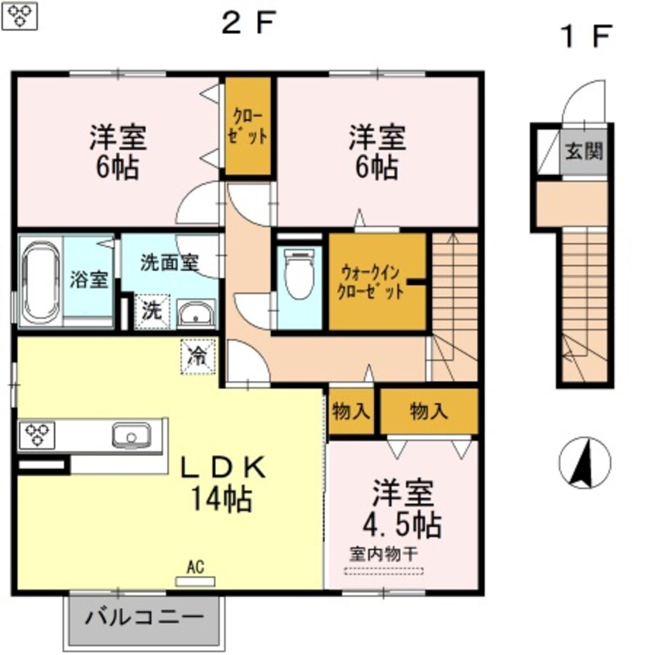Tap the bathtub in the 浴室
click(x=39, y=280)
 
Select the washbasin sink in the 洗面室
click(x=197, y=315)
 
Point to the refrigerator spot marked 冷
click(x=198, y=357)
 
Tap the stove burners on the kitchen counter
click(x=36, y=434)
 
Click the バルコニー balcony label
click(x=144, y=618)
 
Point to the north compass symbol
click(x=585, y=463)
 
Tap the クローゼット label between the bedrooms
click(x=249, y=125)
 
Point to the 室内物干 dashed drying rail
click(x=384, y=572)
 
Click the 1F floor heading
click(x=585, y=36)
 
